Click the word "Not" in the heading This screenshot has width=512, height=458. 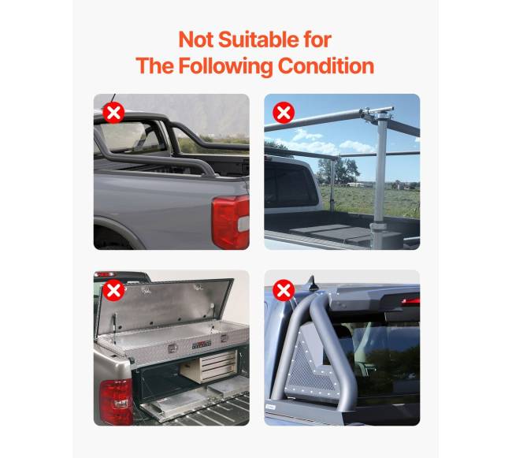point(195,39)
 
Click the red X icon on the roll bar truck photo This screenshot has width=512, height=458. point(114,113)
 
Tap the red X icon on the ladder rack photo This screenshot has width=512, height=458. point(284,113)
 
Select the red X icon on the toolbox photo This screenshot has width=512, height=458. point(114,290)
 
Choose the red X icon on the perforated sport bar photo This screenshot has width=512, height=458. point(284,290)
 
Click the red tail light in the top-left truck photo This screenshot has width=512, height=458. point(231,222)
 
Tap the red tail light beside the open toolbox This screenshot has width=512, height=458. point(115,401)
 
